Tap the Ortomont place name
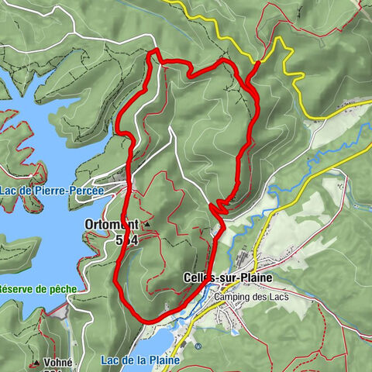click(110, 225)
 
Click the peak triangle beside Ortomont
click(146, 225)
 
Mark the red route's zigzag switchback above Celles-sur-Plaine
click(218, 206)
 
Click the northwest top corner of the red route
click(153, 53)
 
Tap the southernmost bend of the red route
click(143, 319)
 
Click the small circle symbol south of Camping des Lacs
click(198, 346)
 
